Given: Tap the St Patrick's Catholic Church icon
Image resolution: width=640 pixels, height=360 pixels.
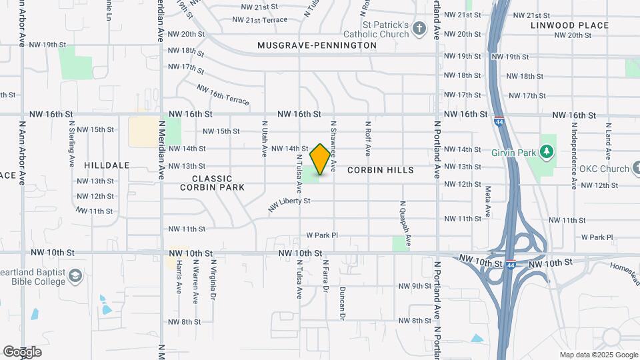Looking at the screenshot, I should pyautogui.click(x=419, y=29).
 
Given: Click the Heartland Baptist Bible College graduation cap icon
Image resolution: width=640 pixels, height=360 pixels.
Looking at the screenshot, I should pyautogui.click(x=76, y=275).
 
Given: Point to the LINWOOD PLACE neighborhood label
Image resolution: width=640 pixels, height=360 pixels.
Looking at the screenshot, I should pyautogui.click(x=570, y=25).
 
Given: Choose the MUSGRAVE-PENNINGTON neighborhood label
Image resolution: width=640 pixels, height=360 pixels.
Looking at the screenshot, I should pyautogui.click(x=317, y=45).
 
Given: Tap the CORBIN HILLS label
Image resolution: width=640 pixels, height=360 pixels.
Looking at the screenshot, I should pyautogui.click(x=381, y=170).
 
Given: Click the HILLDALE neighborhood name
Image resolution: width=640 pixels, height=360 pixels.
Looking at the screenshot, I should pyautogui.click(x=107, y=165).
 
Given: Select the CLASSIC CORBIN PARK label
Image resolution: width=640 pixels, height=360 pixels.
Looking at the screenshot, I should pyautogui.click(x=212, y=183).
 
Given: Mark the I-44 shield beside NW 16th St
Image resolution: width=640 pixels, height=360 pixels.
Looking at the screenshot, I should pyautogui.click(x=499, y=121).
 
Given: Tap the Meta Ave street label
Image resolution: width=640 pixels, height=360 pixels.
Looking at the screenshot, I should pyautogui.click(x=488, y=201).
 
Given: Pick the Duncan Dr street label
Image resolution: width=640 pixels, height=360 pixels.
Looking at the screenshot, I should pyautogui.click(x=342, y=301).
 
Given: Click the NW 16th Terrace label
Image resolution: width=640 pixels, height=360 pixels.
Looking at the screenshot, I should pyautogui.click(x=223, y=95).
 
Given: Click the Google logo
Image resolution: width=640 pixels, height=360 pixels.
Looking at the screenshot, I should pyautogui.click(x=22, y=352).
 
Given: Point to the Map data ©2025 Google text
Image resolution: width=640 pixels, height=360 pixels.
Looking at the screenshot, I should pyautogui.click(x=598, y=355).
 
